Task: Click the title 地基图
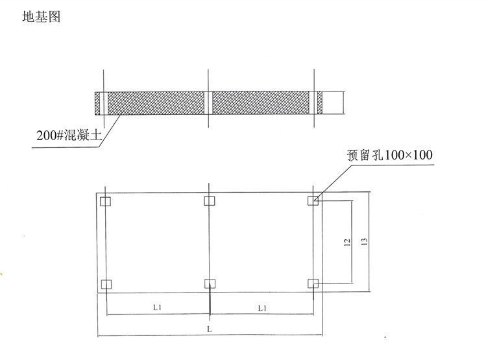click(x=42, y=17)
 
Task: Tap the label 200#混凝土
click(x=69, y=135)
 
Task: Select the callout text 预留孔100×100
click(x=389, y=155)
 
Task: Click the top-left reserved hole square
click(x=105, y=201)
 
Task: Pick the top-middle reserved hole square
click(x=210, y=201)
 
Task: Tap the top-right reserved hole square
click(x=313, y=200)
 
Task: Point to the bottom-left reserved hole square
click(x=106, y=284)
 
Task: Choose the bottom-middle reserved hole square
click(x=210, y=283)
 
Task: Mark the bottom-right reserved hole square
click(x=313, y=283)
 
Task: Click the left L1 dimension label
click(x=157, y=307)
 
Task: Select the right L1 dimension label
click(x=262, y=308)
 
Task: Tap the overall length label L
click(x=210, y=329)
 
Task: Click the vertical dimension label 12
click(x=347, y=242)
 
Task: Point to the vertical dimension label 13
click(x=365, y=241)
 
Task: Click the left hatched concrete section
click(x=156, y=103)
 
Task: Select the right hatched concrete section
click(x=261, y=103)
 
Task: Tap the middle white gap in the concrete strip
click(x=208, y=103)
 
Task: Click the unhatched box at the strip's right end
click(x=334, y=102)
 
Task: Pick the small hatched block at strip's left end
click(x=97, y=104)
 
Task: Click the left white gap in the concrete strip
click(x=104, y=104)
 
